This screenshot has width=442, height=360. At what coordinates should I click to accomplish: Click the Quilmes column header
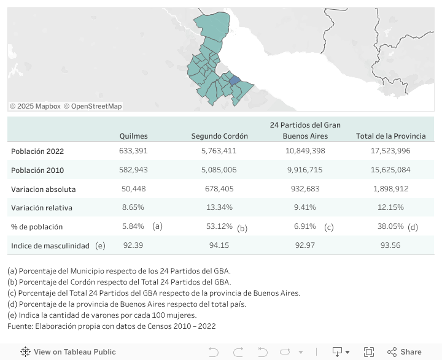pyautogui.click(x=133, y=136)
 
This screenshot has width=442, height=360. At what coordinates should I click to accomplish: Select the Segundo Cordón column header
pyautogui.click(x=220, y=136)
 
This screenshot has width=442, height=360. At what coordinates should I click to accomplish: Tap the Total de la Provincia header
pyautogui.click(x=390, y=136)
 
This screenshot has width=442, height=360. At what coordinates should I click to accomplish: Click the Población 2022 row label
pyautogui.click(x=37, y=151)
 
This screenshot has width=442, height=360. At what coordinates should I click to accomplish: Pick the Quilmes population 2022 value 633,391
pyautogui.click(x=133, y=151)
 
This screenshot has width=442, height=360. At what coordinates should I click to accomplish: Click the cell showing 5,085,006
pyautogui.click(x=219, y=170)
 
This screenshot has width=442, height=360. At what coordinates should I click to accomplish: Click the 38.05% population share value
pyautogui.click(x=390, y=226)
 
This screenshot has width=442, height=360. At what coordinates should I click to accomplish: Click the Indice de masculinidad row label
pyautogui.click(x=50, y=245)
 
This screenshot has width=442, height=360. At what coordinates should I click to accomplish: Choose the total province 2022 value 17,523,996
pyautogui.click(x=390, y=151)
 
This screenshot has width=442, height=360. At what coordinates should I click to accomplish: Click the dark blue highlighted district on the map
pyautogui.click(x=235, y=80)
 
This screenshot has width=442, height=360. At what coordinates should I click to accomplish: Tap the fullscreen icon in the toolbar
pyautogui.click(x=369, y=352)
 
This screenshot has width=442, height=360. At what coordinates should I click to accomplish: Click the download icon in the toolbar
pyautogui.click(x=337, y=352)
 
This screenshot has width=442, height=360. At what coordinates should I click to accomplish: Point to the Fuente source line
pyautogui.click(x=111, y=326)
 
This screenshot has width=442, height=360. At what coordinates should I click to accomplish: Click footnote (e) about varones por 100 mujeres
pyautogui.click(x=102, y=315)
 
